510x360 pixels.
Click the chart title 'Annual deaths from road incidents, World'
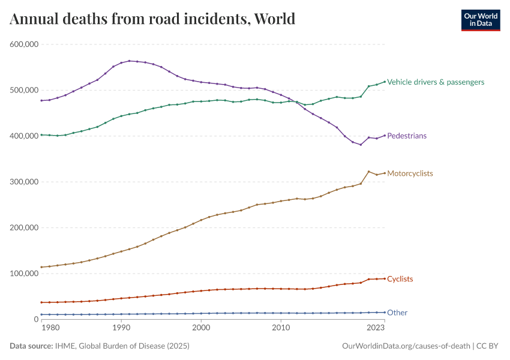[x=152, y=19]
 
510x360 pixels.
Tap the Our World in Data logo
[x=480, y=19]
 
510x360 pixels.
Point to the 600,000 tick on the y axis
[x=25, y=44]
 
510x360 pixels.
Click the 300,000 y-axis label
[x=25, y=182]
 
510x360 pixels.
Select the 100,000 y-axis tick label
[x=25, y=274]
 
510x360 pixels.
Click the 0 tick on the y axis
[x=36, y=319]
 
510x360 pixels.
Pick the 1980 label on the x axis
[x=50, y=328]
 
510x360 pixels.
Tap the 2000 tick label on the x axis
[x=201, y=328]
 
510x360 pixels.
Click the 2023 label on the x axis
[x=376, y=328]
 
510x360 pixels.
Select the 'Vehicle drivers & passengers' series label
[x=436, y=82]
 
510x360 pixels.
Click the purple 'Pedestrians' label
[x=407, y=136]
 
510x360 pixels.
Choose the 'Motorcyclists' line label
[x=410, y=173]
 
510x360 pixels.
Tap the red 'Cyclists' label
[x=400, y=279]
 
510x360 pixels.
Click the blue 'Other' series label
[x=397, y=313]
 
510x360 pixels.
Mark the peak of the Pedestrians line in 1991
[x=129, y=61]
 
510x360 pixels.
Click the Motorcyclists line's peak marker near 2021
[x=368, y=172]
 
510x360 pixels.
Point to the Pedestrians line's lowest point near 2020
[x=361, y=145]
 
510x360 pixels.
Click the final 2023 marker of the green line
[x=384, y=82]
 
